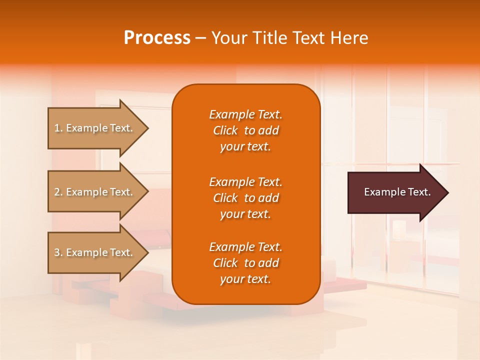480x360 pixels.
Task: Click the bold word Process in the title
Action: [x=157, y=38]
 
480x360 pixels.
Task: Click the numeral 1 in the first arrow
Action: [x=57, y=128]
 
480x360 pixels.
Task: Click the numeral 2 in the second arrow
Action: [x=57, y=192]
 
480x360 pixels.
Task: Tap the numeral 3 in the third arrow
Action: [x=57, y=252]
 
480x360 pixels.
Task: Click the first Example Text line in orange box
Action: [x=245, y=114]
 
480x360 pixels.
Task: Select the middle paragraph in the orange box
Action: [x=245, y=198]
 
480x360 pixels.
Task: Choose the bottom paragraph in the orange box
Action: [x=245, y=263]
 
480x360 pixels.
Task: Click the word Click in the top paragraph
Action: [x=225, y=130]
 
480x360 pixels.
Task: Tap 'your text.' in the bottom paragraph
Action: [x=245, y=279]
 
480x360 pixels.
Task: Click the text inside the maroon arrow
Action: [x=397, y=192]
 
